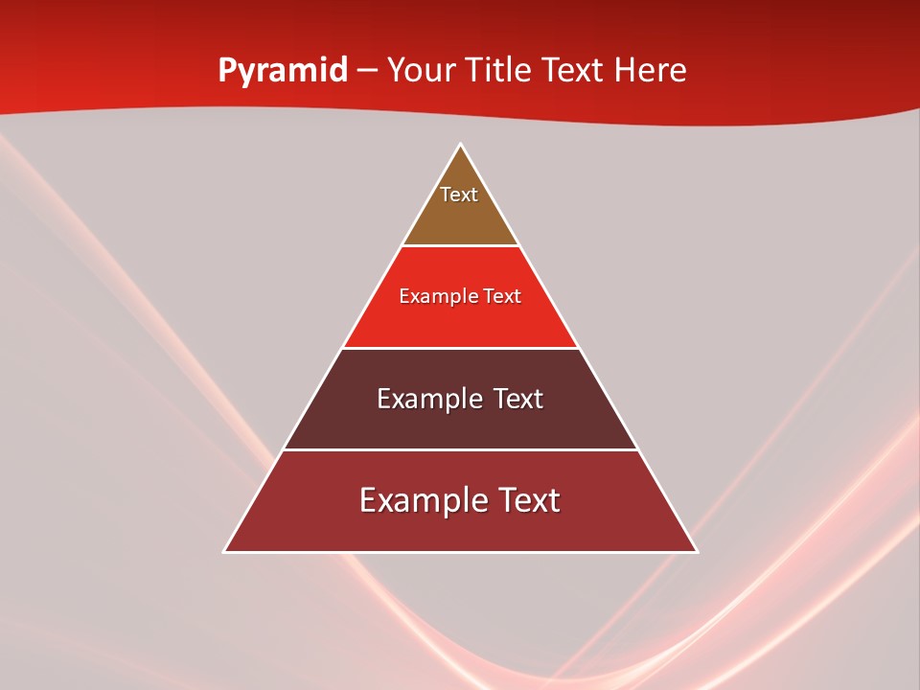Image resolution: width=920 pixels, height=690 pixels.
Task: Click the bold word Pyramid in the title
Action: pos(283,71)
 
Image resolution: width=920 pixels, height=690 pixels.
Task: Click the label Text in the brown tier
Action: pos(459,195)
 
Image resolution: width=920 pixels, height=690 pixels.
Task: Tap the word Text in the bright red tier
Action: pos(503,297)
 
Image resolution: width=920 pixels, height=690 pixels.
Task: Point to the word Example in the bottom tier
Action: pos(419,500)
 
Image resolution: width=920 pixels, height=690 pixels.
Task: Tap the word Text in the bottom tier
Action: pos(526,500)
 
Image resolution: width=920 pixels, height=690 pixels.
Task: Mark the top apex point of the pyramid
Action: pos(460,145)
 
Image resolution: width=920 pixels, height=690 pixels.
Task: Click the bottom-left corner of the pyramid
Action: pos(224,552)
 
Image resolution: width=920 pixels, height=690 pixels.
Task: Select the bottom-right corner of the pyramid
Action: pos(697,552)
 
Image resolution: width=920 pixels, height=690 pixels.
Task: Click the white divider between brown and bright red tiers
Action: pos(460,246)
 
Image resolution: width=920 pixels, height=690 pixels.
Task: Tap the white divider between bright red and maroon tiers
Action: pos(460,348)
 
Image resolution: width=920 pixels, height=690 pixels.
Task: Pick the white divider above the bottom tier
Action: pos(460,449)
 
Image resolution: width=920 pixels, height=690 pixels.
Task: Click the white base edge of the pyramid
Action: pos(460,552)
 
